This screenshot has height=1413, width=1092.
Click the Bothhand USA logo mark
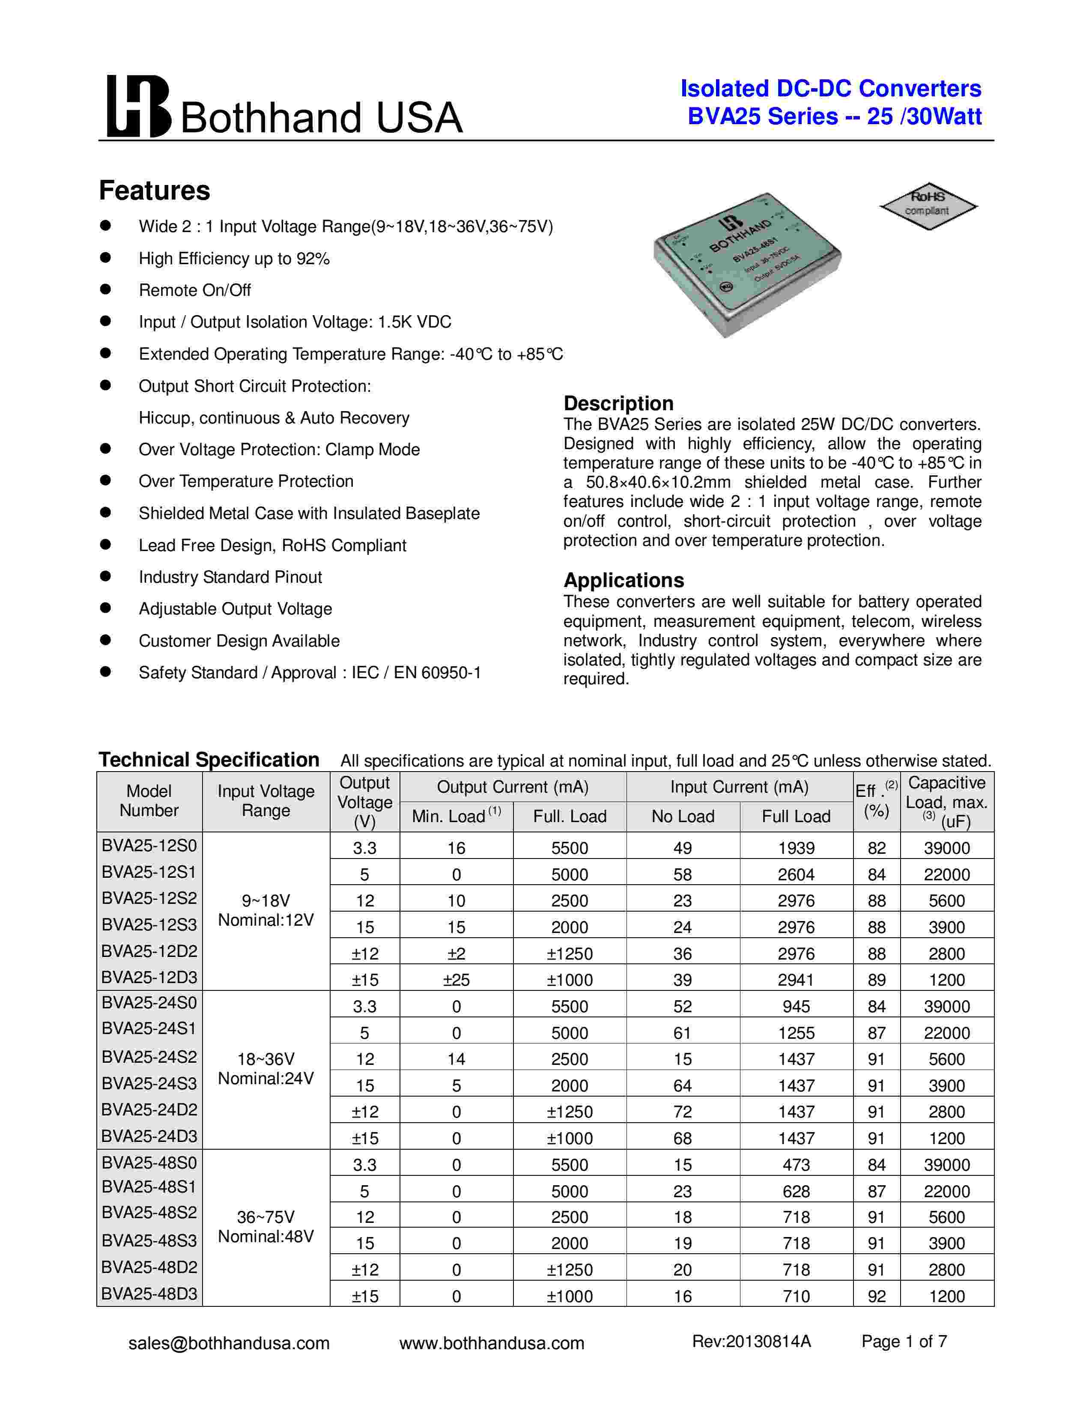point(138,106)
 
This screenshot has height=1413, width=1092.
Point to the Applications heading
point(624,580)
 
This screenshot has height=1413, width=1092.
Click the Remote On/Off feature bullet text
point(195,290)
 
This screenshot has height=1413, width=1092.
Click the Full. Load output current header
point(569,817)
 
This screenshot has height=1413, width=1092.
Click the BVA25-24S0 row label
point(149,1002)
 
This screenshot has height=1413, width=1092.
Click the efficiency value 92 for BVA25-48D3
point(876,1296)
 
